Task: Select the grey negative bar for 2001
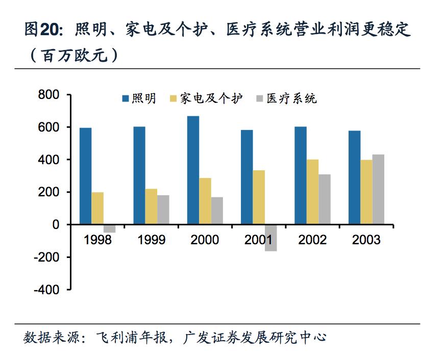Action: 270,238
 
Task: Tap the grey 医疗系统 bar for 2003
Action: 378,189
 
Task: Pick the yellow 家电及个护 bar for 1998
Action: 97,208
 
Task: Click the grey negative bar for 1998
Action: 109,228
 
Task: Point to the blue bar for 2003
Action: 354,177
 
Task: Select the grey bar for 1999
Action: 163,210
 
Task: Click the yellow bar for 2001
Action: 259,197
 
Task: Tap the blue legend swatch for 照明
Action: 126,98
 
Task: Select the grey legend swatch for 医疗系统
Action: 259,98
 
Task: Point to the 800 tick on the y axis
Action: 49,95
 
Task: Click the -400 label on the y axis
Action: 46,289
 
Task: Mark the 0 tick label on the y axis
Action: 56,224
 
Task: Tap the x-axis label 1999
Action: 151,240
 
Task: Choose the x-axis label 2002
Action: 312,240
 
